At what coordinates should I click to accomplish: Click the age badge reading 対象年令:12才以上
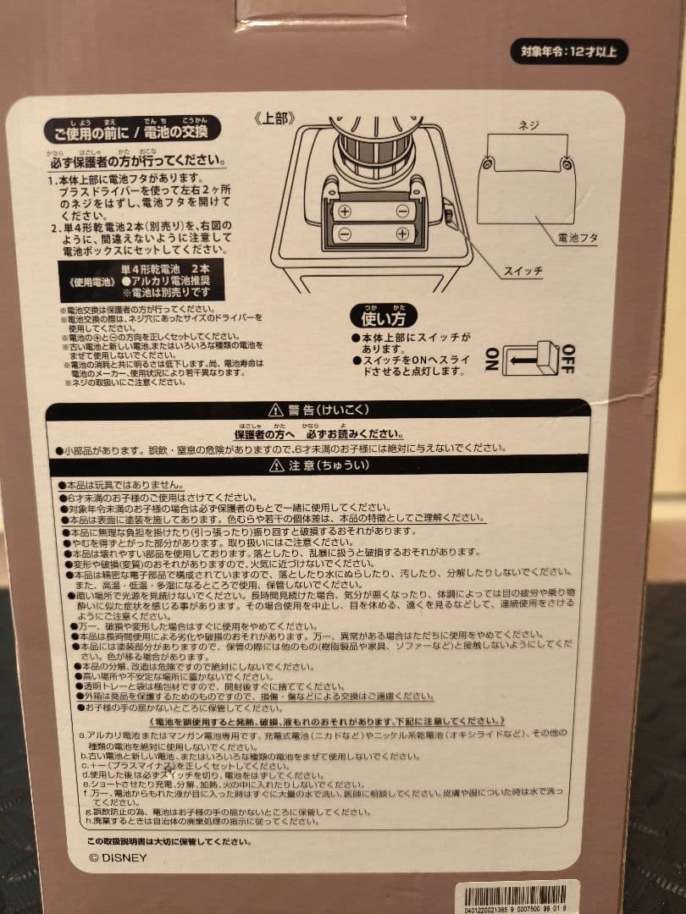568,52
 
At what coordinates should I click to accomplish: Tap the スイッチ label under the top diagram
522,271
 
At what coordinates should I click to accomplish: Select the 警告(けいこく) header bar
317,410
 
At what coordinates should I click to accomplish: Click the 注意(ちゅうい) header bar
317,465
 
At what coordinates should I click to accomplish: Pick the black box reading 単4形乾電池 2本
142,280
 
